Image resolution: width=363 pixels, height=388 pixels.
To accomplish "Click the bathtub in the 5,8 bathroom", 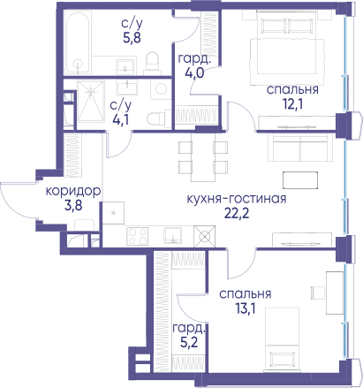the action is coord(77,42).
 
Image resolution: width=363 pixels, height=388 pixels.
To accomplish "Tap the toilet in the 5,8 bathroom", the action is coord(153,63).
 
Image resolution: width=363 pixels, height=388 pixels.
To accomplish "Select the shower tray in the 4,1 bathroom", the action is coord(91,101).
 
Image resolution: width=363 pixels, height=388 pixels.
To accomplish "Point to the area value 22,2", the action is coord(237,213).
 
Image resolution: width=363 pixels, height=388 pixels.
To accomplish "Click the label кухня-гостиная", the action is coord(237,199).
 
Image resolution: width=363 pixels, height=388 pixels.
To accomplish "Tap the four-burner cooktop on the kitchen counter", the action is coord(138,236).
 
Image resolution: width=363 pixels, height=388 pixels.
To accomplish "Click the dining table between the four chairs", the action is coord(203,157).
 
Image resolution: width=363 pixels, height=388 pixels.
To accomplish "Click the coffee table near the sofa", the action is coord(300,180).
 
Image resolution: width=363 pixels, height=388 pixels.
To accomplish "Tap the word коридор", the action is coord(73,192).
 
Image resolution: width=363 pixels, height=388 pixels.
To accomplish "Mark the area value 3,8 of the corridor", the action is coord(73,206).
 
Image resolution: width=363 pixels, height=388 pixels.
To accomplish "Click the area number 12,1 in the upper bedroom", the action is coord(293,104).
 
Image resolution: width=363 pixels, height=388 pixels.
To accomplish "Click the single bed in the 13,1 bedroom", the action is coord(283,339).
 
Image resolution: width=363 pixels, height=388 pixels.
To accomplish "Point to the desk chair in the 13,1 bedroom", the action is coord(318,293).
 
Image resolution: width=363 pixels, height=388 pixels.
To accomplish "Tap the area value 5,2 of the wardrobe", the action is coord(189,342).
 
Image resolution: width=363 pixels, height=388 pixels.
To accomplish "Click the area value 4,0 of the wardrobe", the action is coord(194,72).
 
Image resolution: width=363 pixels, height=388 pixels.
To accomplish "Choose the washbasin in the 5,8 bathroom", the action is coord(126,67).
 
